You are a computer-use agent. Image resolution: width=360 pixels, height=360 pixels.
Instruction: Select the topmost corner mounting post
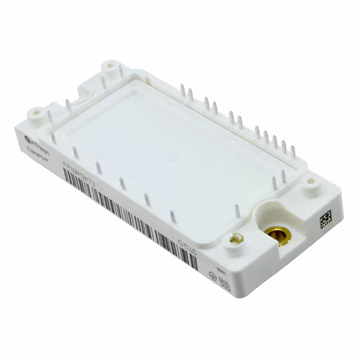(108, 69)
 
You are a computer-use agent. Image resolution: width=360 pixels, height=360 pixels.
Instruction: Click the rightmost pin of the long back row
(292, 147)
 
